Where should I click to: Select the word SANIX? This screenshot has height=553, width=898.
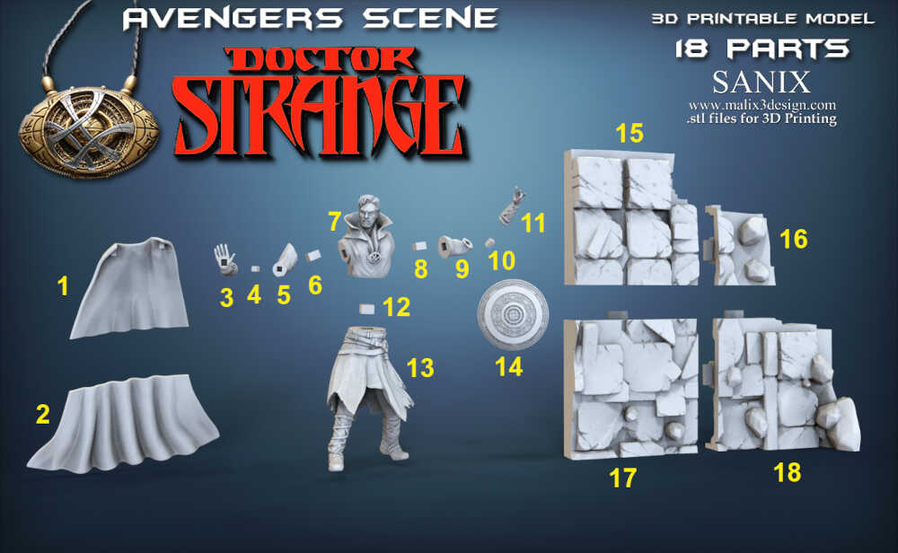(762, 83)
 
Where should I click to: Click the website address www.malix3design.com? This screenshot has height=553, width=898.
(762, 105)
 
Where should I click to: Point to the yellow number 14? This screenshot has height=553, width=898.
(508, 366)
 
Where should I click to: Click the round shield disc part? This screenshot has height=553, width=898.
(513, 314)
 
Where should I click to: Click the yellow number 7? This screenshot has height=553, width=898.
(334, 221)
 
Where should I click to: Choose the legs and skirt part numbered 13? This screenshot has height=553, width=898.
(367, 396)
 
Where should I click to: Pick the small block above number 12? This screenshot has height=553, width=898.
(366, 309)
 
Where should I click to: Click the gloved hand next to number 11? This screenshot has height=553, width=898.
(512, 206)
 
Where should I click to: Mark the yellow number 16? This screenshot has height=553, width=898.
(794, 239)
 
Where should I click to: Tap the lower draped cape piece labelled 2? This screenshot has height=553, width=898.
(123, 425)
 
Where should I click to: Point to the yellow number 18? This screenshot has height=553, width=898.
(787, 472)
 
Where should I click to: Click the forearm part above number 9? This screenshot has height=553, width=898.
(454, 246)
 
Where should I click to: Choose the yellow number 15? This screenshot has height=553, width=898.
(629, 133)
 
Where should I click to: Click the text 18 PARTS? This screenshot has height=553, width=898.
(762, 49)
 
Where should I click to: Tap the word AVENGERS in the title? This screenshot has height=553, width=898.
(233, 18)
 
